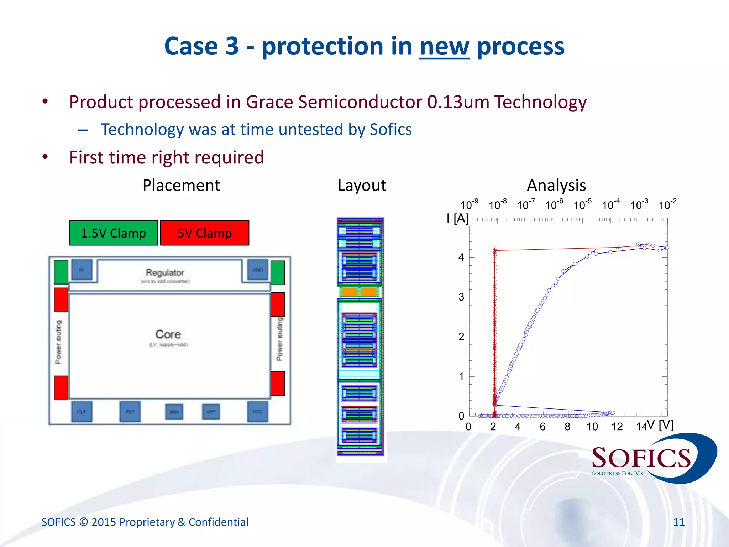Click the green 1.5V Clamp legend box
(113, 233)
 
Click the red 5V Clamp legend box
(205, 233)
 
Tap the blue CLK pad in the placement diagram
(82, 412)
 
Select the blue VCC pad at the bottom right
(257, 412)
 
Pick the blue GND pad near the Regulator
(257, 270)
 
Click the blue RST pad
(130, 412)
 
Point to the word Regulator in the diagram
(165, 273)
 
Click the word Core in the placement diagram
(168, 334)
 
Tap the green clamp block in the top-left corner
(61, 272)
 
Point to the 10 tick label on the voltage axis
(592, 427)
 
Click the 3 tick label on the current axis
(461, 297)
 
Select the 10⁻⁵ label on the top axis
(582, 205)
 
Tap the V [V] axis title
(660, 425)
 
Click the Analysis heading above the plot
(556, 186)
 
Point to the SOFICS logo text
(641, 458)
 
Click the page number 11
(679, 522)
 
